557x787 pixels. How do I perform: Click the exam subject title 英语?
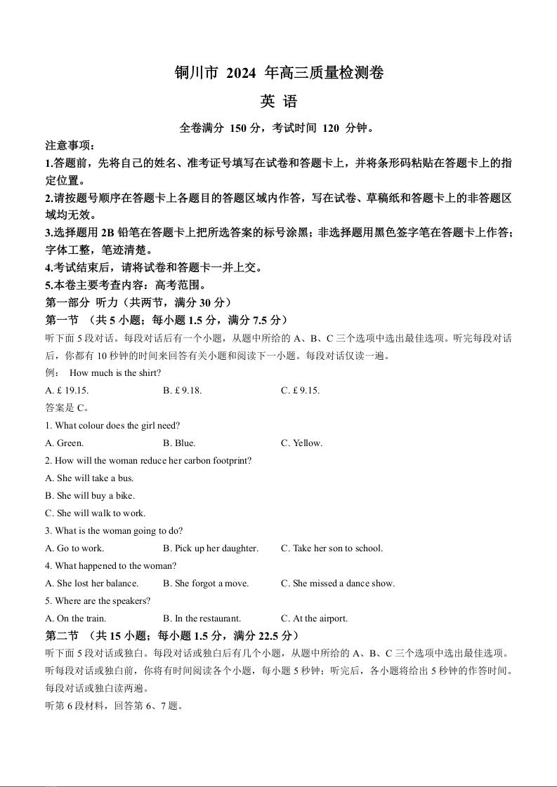click(x=279, y=102)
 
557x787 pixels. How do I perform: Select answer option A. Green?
click(x=65, y=443)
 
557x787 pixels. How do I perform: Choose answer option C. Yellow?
click(x=302, y=443)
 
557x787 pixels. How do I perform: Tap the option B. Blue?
click(x=179, y=443)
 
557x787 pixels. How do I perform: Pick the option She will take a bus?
click(x=89, y=478)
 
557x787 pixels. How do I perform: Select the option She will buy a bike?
click(x=90, y=496)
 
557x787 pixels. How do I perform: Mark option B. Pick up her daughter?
click(x=211, y=549)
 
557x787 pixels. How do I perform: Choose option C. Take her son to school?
click(x=332, y=549)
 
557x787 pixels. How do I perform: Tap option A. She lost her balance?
click(x=92, y=584)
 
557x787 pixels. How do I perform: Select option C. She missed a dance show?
click(x=338, y=584)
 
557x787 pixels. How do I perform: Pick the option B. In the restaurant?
click(x=202, y=619)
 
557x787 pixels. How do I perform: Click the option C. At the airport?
click(x=315, y=619)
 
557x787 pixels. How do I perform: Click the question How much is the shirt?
click(x=115, y=373)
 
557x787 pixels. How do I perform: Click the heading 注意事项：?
click(x=70, y=146)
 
